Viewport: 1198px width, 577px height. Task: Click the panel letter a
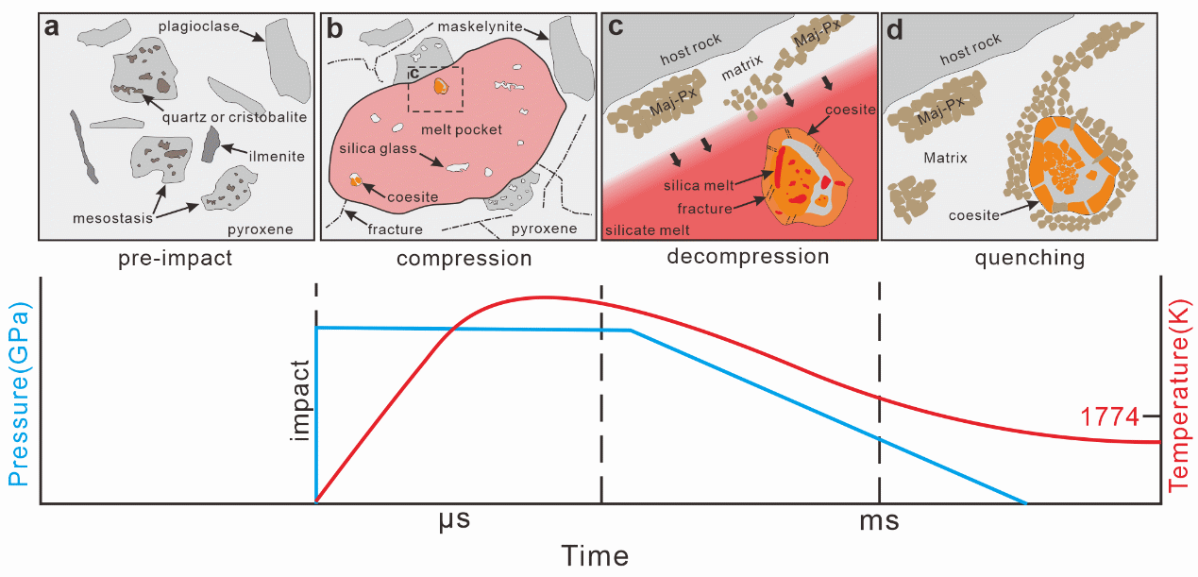pyautogui.click(x=54, y=28)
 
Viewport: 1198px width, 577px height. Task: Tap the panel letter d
pyautogui.click(x=897, y=29)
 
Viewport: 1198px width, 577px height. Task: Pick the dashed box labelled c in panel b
pyautogui.click(x=435, y=89)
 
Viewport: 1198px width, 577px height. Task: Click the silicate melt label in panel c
pyautogui.click(x=648, y=229)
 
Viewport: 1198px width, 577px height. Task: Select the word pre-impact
pyautogui.click(x=177, y=257)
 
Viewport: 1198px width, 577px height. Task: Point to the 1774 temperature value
pyautogui.click(x=1107, y=416)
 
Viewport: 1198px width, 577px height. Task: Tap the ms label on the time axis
pyautogui.click(x=880, y=520)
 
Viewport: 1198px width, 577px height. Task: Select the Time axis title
pyautogui.click(x=595, y=555)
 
